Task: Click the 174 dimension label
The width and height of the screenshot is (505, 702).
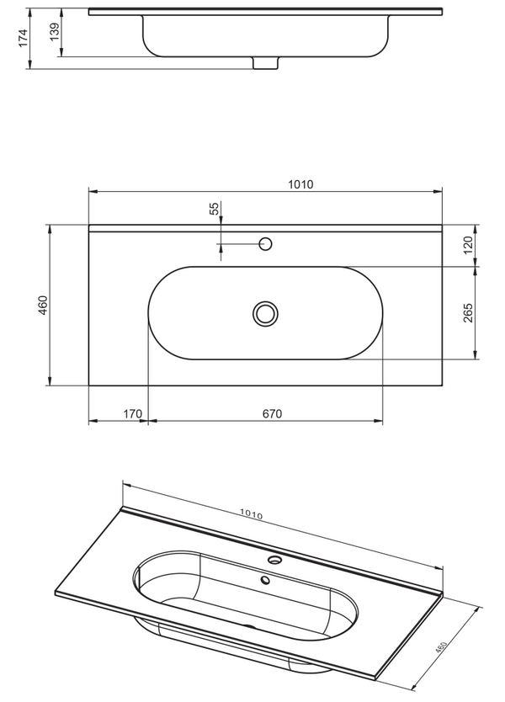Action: (24, 37)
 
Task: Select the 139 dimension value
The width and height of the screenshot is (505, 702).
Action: (55, 33)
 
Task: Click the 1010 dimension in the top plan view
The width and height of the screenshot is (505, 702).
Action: (300, 185)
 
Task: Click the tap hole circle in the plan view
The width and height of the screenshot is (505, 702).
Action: (266, 244)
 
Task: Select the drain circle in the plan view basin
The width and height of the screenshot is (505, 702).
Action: (265, 313)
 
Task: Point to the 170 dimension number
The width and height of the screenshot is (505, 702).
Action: (132, 413)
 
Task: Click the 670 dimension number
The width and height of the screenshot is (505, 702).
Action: (271, 413)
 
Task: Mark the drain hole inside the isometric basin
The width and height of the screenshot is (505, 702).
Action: (265, 579)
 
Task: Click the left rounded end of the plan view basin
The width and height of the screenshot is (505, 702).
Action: (156, 313)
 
